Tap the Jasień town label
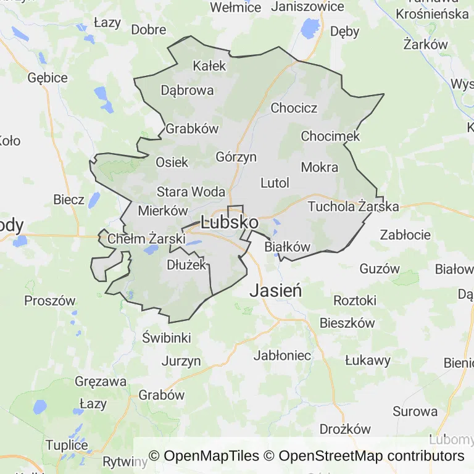[x=275, y=290]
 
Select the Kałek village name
[x=210, y=65]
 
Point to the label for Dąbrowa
[x=187, y=90]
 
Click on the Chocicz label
[x=294, y=108]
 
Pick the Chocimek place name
[x=330, y=136]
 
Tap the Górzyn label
[x=236, y=157]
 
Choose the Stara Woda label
[x=191, y=191]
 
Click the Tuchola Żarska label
[x=353, y=206]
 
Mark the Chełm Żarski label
[x=146, y=238]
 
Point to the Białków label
[x=287, y=246]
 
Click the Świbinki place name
[x=167, y=338]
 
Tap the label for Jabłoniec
[x=282, y=355]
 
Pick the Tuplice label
[x=67, y=445]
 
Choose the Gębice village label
[x=48, y=78]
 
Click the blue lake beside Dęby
[x=309, y=28]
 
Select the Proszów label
[x=49, y=301]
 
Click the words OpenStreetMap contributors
[x=371, y=456]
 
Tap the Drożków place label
[x=345, y=429]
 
